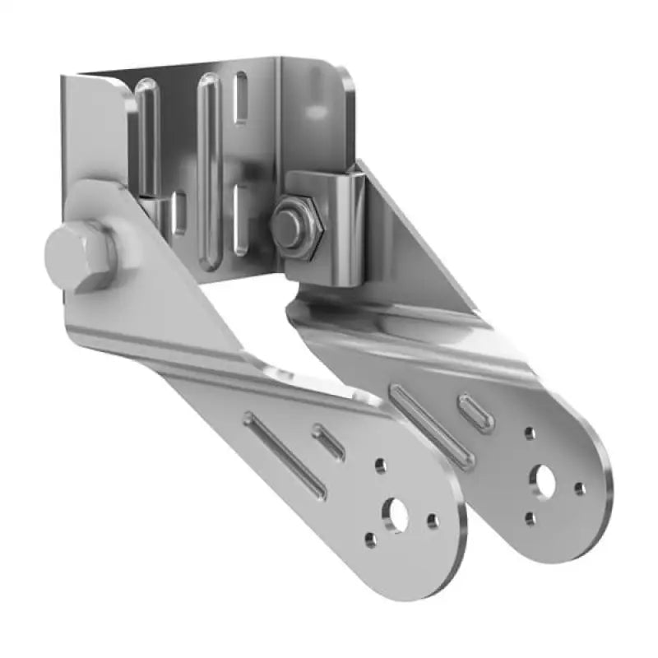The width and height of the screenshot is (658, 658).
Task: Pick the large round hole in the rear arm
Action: tap(544, 480)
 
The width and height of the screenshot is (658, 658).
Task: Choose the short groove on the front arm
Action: tap(329, 441)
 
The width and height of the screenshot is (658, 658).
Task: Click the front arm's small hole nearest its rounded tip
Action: tap(433, 521)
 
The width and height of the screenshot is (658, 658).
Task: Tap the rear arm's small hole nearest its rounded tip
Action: tap(580, 489)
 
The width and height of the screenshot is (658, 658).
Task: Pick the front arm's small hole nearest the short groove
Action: tap(380, 466)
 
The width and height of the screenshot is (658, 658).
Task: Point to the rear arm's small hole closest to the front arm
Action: tap(531, 519)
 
